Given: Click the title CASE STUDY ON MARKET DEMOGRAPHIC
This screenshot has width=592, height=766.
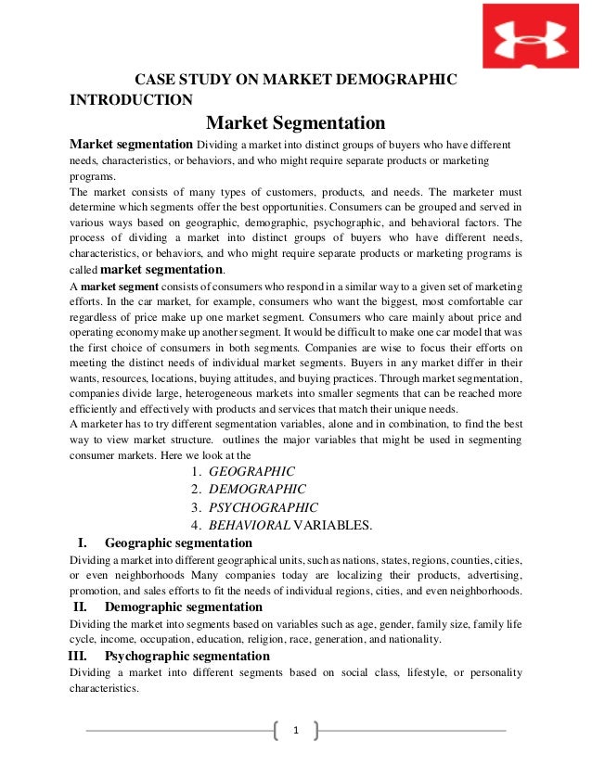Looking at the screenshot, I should point(296,81).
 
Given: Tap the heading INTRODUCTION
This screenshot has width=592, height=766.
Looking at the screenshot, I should point(132,100).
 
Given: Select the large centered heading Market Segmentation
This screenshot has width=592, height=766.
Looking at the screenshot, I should point(295,123).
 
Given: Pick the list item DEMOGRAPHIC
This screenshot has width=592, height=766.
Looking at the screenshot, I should point(257,489).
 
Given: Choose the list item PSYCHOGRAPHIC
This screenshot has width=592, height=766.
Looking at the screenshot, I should point(264,507).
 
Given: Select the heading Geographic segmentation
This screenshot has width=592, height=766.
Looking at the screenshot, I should point(181,543).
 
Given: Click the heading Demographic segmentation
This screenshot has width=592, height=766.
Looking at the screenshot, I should point(187,606).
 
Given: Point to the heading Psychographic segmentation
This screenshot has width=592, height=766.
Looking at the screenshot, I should point(187,656).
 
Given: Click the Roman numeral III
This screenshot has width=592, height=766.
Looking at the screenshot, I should point(84,656).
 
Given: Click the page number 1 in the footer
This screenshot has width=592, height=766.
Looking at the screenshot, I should point(296,731).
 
